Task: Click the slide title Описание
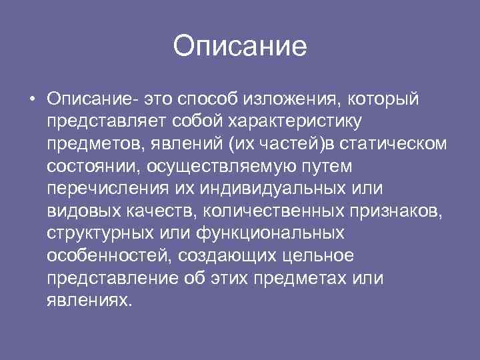tap(240, 47)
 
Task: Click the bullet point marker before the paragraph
tap(32, 100)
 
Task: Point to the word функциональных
tap(270, 233)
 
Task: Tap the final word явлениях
tap(87, 301)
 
